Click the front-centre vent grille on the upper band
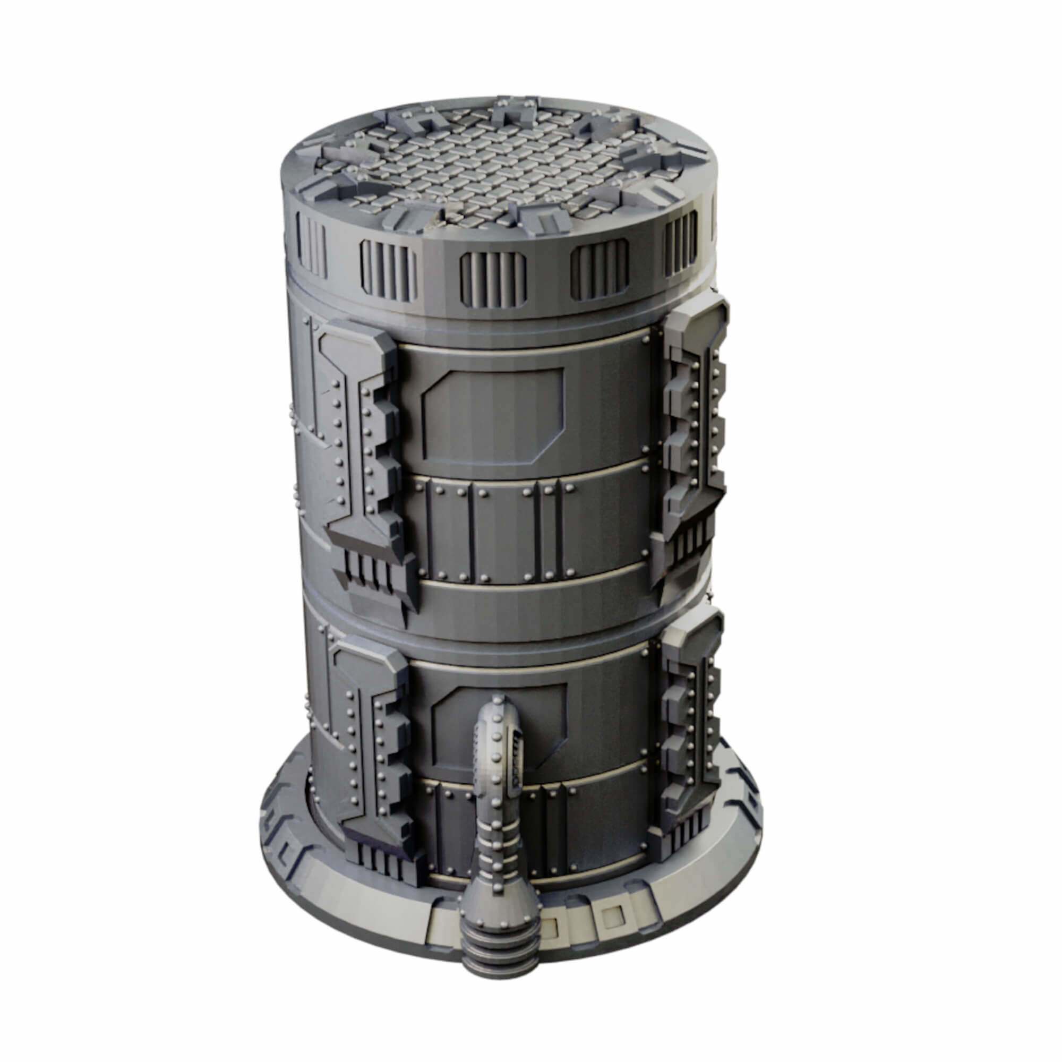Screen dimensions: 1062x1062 tap(493, 280)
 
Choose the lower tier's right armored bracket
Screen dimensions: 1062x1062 tap(690, 731)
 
